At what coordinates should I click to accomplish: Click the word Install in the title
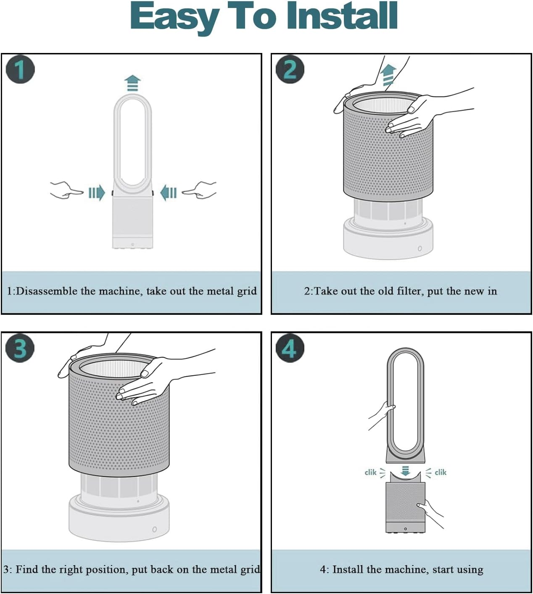342,15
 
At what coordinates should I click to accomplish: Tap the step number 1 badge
20,69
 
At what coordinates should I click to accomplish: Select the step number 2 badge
290,69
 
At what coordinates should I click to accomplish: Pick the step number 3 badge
20,348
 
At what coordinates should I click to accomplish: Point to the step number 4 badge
290,348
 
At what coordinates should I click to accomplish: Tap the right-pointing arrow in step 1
97,193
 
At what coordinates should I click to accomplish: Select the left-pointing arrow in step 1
169,193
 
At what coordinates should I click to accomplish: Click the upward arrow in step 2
389,75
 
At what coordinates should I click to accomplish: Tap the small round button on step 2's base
420,248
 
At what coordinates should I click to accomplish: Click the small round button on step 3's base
155,529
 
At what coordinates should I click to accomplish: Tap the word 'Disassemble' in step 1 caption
46,291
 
